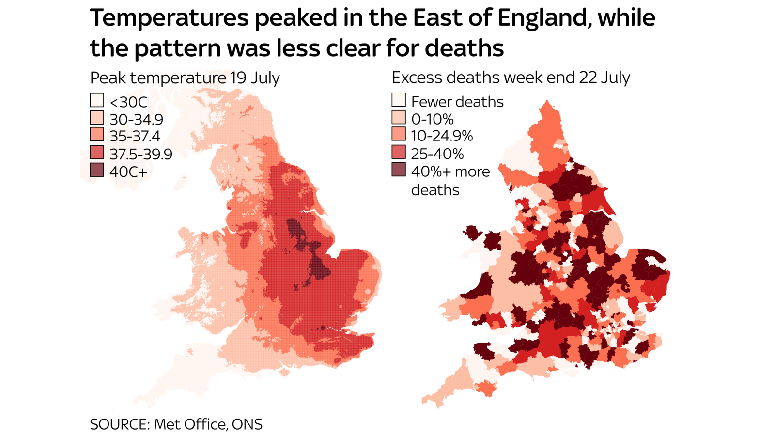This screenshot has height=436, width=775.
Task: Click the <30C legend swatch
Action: (x=97, y=101)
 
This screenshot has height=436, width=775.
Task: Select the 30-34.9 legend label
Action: (x=136, y=119)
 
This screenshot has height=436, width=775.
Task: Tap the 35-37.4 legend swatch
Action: (x=97, y=135)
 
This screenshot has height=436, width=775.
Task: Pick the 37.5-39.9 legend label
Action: (x=140, y=154)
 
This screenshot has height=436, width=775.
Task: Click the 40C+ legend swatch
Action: (x=97, y=170)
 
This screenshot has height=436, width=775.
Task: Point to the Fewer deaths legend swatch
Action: (x=399, y=100)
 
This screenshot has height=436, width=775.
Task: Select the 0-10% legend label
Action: (x=432, y=119)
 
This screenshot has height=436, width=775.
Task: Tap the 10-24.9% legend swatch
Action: (x=399, y=135)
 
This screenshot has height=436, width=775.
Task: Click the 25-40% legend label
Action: (x=437, y=154)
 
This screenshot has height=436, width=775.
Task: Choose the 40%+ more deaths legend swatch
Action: (x=399, y=170)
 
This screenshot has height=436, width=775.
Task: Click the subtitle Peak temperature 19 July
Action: (x=185, y=78)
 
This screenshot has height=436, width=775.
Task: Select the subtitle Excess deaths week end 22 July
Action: (x=511, y=78)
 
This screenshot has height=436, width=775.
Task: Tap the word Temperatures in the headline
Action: (x=169, y=18)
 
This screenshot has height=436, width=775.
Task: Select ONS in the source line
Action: (x=247, y=424)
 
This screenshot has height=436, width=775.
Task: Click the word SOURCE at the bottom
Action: (x=119, y=424)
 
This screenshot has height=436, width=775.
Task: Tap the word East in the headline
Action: (x=436, y=18)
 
